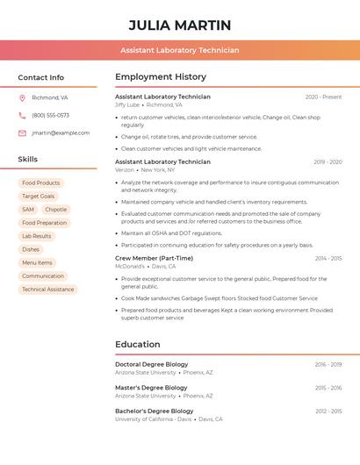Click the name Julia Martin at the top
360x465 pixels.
click(x=180, y=25)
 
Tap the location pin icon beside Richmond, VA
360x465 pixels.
click(x=22, y=97)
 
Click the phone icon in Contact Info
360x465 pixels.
click(x=22, y=115)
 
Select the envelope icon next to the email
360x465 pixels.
click(x=22, y=133)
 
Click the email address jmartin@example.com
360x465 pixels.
click(x=61, y=133)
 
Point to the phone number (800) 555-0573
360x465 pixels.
click(x=50, y=115)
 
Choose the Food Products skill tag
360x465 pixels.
click(x=40, y=183)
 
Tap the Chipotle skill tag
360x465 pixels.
click(x=55, y=210)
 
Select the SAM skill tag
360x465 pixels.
click(x=28, y=210)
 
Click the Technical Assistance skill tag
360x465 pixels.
click(x=48, y=290)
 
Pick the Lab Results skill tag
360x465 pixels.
click(x=37, y=236)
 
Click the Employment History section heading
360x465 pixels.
click(x=161, y=77)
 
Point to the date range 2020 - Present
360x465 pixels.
click(x=323, y=97)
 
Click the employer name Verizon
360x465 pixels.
click(x=125, y=170)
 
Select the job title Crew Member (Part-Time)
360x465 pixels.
click(x=154, y=258)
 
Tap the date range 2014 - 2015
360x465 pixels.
click(x=328, y=258)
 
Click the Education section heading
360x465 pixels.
click(x=138, y=344)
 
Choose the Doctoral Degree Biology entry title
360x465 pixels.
click(x=152, y=364)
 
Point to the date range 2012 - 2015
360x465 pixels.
click(x=328, y=411)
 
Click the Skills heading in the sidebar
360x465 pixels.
click(x=28, y=159)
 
